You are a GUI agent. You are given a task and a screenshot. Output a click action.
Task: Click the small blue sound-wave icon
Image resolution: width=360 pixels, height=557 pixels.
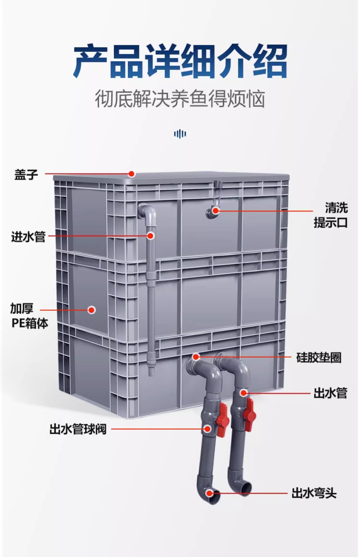(x=180, y=134)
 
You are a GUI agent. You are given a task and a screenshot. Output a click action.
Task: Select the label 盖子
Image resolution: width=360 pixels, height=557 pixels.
(x=26, y=175)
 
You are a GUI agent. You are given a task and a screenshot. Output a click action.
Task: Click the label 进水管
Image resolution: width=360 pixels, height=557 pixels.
(x=28, y=236)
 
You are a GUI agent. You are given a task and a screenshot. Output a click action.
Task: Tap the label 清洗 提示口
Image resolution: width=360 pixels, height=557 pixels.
(x=331, y=216)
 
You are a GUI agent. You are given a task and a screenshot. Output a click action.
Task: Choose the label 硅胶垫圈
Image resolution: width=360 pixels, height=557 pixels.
(x=319, y=358)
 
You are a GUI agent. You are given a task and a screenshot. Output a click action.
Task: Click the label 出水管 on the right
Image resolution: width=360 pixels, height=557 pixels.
(x=330, y=393)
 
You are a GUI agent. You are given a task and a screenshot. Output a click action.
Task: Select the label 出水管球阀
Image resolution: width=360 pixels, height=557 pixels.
(x=78, y=429)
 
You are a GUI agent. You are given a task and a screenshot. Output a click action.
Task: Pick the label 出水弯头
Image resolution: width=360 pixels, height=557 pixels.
(x=314, y=493)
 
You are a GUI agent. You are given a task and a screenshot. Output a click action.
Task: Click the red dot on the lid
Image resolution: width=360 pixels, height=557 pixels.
(x=132, y=174)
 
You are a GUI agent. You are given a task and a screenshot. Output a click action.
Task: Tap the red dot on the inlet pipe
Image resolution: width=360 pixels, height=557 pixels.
(x=150, y=236)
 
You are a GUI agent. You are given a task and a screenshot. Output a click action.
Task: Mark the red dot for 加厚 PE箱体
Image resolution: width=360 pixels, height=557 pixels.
(x=92, y=310)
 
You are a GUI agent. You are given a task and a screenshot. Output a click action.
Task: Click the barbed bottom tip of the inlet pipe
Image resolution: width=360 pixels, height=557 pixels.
(x=150, y=372)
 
